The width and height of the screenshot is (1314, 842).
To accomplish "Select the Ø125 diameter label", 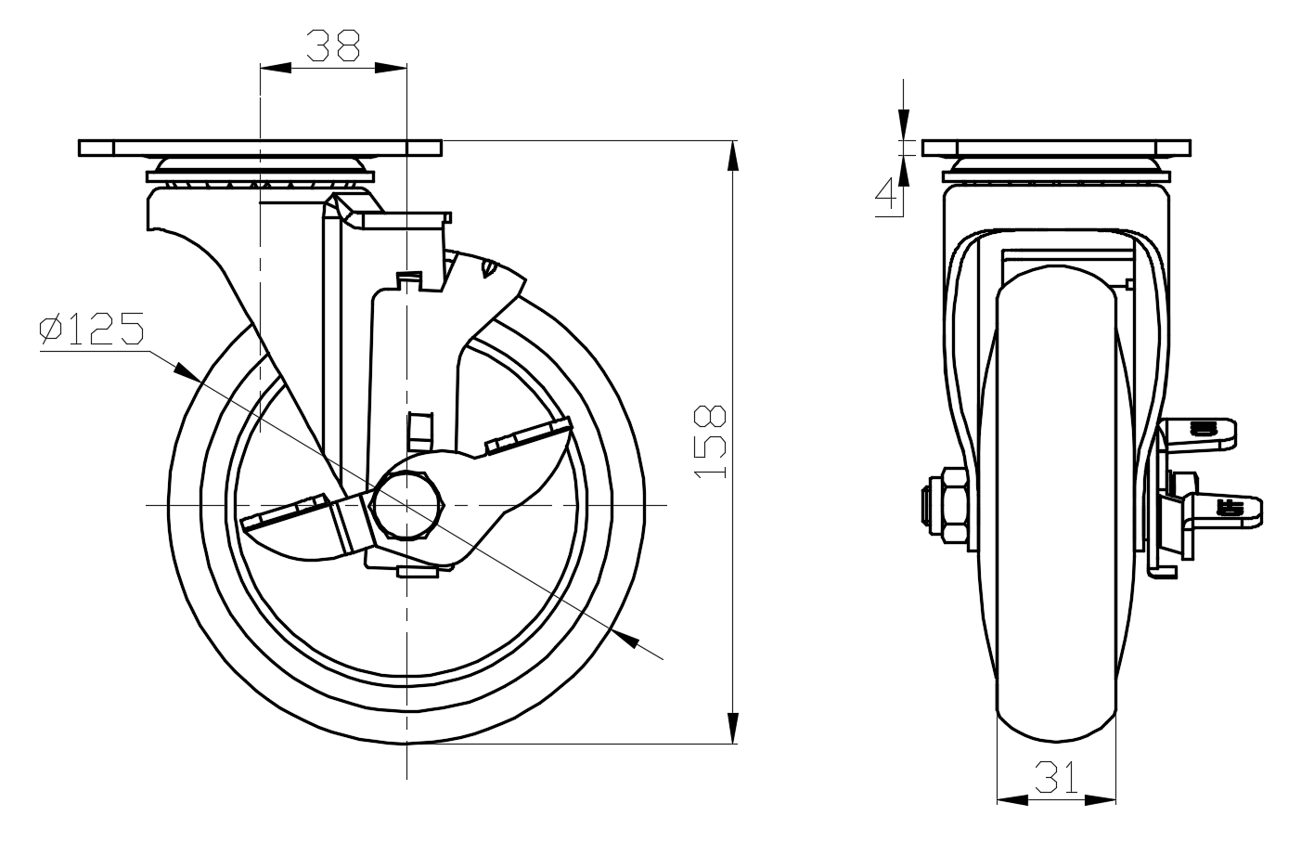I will pyautogui.click(x=92, y=330).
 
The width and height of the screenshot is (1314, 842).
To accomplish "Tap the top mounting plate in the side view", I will pyautogui.click(x=1055, y=149).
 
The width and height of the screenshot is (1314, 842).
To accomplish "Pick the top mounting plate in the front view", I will pyautogui.click(x=261, y=149).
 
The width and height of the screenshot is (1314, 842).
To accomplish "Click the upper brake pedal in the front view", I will pyautogui.click(x=527, y=437).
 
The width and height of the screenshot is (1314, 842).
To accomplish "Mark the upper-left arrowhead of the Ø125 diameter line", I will pyautogui.click(x=186, y=370).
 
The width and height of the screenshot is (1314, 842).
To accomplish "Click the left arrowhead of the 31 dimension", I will pyautogui.click(x=1010, y=797).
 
